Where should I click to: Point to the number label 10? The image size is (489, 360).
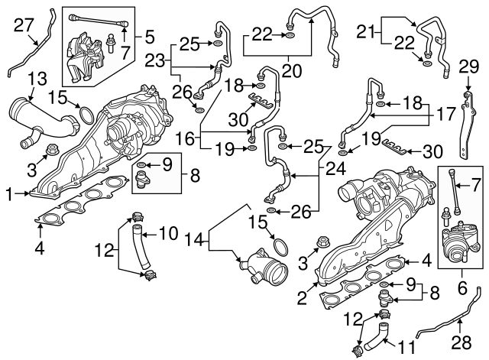(x=169, y=231)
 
